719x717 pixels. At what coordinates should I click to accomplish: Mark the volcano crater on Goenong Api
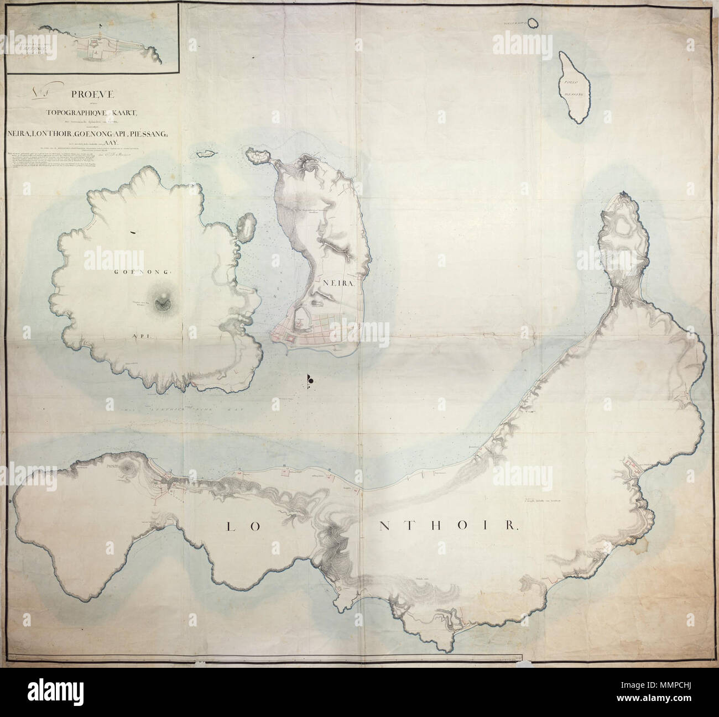(163, 301)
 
